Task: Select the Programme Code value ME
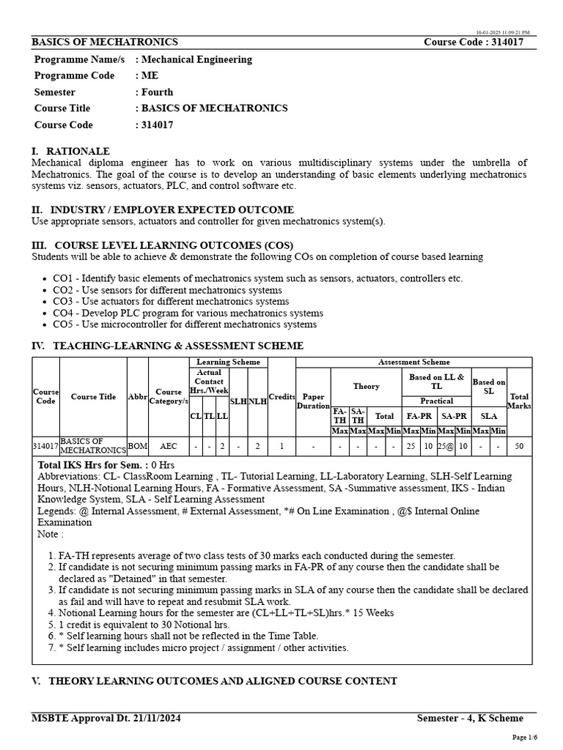[x=150, y=75]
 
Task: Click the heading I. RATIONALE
[x=70, y=151]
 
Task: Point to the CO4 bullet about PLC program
[x=188, y=313]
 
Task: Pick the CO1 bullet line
[x=257, y=278]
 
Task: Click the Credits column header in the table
[x=281, y=396]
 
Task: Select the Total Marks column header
[x=520, y=401]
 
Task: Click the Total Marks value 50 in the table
[x=520, y=445]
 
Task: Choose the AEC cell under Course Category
[x=169, y=445]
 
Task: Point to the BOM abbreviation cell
[x=137, y=445]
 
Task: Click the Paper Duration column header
[x=313, y=401]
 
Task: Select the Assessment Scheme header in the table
[x=414, y=362]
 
